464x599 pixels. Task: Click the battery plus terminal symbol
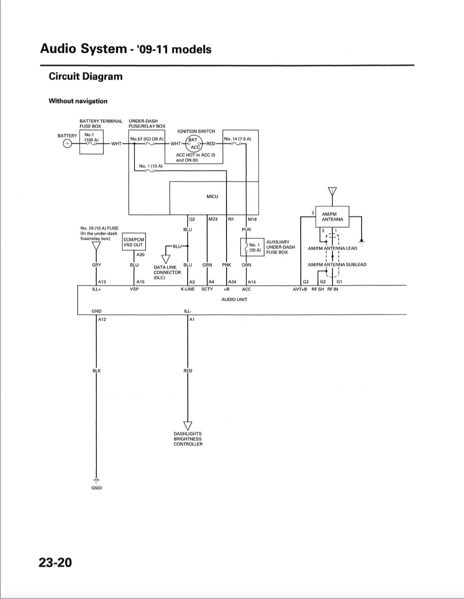(67, 144)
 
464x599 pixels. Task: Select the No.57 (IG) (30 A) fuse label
(147, 139)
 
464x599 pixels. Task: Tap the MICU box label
(212, 196)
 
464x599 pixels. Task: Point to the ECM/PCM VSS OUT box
(133, 242)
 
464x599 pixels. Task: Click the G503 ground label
(97, 488)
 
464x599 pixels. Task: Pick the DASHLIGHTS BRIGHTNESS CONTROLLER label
(188, 439)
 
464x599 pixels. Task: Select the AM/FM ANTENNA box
(332, 217)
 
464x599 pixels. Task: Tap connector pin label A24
(232, 282)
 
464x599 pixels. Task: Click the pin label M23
(213, 219)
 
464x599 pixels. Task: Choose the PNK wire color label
(227, 265)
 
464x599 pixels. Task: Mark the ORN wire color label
(246, 265)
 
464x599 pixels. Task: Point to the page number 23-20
(55, 562)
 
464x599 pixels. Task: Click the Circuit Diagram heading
(86, 76)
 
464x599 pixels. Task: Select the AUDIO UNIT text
(234, 299)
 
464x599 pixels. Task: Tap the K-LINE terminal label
(188, 289)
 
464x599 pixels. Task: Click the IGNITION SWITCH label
(196, 131)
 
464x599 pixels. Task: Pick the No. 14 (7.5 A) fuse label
(237, 139)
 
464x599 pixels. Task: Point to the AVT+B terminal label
(300, 289)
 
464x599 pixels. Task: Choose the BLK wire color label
(97, 370)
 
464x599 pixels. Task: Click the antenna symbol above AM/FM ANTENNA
(332, 191)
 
